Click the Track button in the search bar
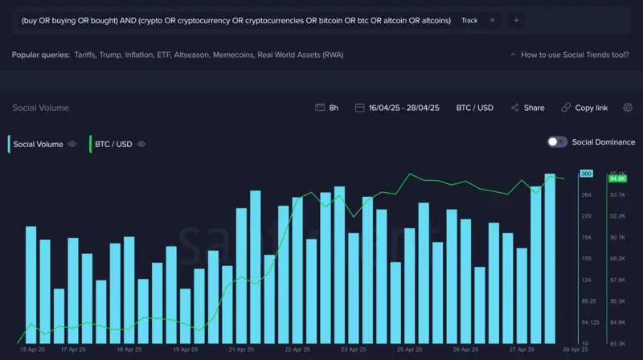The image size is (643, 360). tap(469, 20)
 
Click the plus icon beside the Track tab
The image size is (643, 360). tap(516, 20)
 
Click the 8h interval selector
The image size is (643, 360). tap(328, 108)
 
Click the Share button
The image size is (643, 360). tap(527, 108)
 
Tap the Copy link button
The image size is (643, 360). tap(585, 108)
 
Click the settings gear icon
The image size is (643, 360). tap(628, 108)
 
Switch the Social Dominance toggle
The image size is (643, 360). tap(557, 142)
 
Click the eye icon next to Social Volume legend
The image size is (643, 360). tap(72, 145)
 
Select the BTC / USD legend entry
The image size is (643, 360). tap(113, 145)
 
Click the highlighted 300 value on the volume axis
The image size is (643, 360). tap(586, 174)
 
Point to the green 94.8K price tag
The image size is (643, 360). tap(617, 178)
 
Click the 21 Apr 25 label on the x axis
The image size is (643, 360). tap(241, 350)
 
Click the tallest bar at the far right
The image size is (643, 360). tap(550, 257)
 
